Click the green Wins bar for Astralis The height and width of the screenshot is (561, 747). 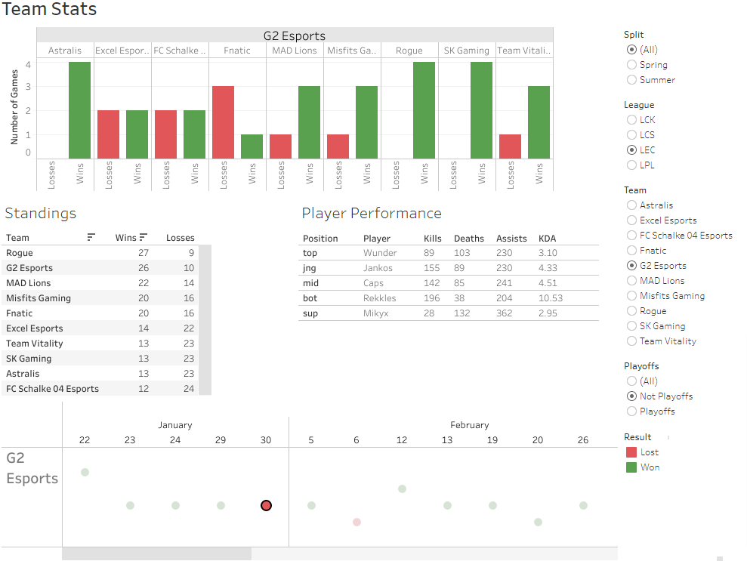pyautogui.click(x=79, y=110)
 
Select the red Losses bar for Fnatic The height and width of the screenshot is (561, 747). pyautogui.click(x=223, y=122)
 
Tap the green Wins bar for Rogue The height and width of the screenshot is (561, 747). pyautogui.click(x=424, y=110)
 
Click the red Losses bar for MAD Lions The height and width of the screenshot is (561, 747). pyautogui.click(x=280, y=146)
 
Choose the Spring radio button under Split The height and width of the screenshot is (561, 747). pyautogui.click(x=631, y=65)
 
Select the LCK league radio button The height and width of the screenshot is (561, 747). pyautogui.click(x=631, y=120)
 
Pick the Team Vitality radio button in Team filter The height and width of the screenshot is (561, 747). pyautogui.click(x=631, y=341)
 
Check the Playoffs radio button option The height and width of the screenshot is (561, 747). pyautogui.click(x=631, y=412)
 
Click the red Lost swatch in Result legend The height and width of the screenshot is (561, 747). pyautogui.click(x=631, y=452)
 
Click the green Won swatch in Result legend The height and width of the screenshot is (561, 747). pyautogui.click(x=631, y=467)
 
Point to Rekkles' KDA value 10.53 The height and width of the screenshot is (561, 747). pyautogui.click(x=551, y=298)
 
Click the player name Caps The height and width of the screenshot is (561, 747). pyautogui.click(x=373, y=283)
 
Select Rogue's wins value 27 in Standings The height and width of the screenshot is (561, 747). pyautogui.click(x=143, y=253)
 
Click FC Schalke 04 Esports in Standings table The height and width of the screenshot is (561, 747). pyautogui.click(x=52, y=389)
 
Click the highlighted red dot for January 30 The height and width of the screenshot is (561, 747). pyautogui.click(x=266, y=505)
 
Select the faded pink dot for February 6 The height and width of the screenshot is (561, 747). pyautogui.click(x=357, y=522)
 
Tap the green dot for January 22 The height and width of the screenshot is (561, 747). pyautogui.click(x=85, y=472)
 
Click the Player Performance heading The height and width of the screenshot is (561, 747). pyautogui.click(x=372, y=214)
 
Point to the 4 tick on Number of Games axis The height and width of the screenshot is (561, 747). pyautogui.click(x=28, y=65)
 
